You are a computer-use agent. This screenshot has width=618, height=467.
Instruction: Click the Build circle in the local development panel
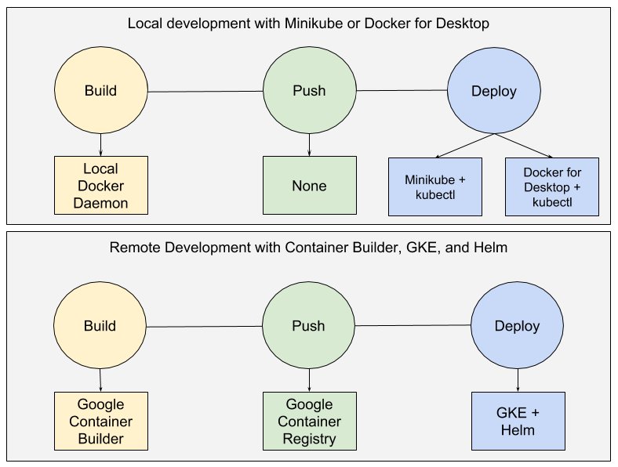100,91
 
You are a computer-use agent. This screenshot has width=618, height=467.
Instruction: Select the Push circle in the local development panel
309,91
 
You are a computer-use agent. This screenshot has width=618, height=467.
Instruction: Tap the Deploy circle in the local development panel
493,91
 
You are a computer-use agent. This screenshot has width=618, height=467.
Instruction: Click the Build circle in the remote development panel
100,326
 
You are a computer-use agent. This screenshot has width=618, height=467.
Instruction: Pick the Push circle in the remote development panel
309,326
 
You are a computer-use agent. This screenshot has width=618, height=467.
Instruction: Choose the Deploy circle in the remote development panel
517,326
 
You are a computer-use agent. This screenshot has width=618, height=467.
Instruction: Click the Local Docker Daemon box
100,186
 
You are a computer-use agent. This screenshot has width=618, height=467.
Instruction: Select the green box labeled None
309,186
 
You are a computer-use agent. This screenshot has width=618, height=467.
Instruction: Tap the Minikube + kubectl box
435,186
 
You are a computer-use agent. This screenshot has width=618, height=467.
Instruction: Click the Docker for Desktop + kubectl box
552,186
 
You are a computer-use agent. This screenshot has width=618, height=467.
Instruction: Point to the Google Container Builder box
100,422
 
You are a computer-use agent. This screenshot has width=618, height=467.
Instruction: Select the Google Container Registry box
309,422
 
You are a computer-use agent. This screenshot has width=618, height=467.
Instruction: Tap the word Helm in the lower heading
489,248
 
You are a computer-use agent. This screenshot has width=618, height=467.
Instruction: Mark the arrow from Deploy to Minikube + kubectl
464,145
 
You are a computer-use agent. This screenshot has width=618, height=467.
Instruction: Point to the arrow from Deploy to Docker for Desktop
523,145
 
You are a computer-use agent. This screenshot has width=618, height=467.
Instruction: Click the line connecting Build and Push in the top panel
205,92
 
